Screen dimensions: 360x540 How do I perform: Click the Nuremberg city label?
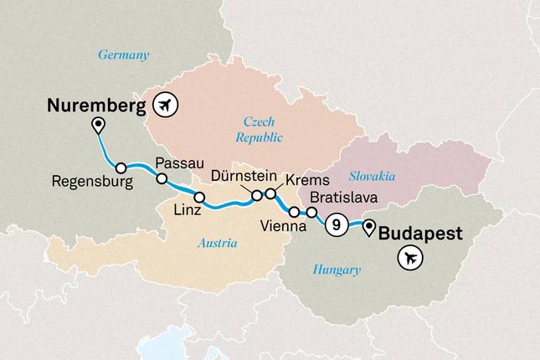coord(96,105)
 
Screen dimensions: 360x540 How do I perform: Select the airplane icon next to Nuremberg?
coord(168,105)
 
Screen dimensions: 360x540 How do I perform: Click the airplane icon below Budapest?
coord(409,260)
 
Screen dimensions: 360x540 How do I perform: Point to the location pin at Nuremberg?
coord(98,126)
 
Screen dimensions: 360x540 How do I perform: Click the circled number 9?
coord(336,224)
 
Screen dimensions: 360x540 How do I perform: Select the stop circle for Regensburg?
coord(121,167)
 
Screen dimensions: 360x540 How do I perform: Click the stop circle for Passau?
coord(161,178)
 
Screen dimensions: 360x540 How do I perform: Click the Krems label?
coord(303,181)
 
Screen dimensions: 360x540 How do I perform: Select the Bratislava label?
coord(343,198)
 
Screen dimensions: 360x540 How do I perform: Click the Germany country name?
coord(123,55)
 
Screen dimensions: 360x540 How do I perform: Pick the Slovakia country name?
coord(372,177)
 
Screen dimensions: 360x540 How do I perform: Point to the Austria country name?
coord(217,244)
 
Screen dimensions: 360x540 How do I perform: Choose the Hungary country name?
coord(336,270)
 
